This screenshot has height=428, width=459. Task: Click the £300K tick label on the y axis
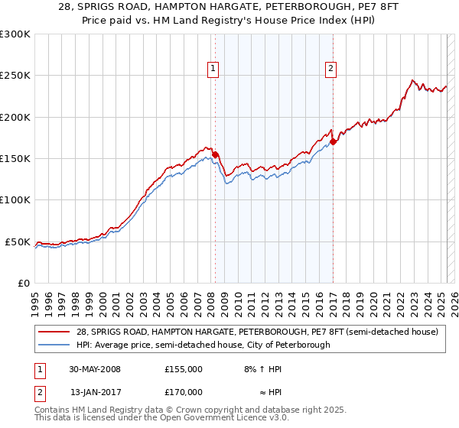coord(15,34)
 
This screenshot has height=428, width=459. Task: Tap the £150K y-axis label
coord(15,159)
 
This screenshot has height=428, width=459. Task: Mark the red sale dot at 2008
coord(215,154)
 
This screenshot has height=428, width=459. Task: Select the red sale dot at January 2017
coord(333,141)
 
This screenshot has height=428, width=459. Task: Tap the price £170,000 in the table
coord(183,391)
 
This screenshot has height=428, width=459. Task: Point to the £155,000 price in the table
coord(183,368)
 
